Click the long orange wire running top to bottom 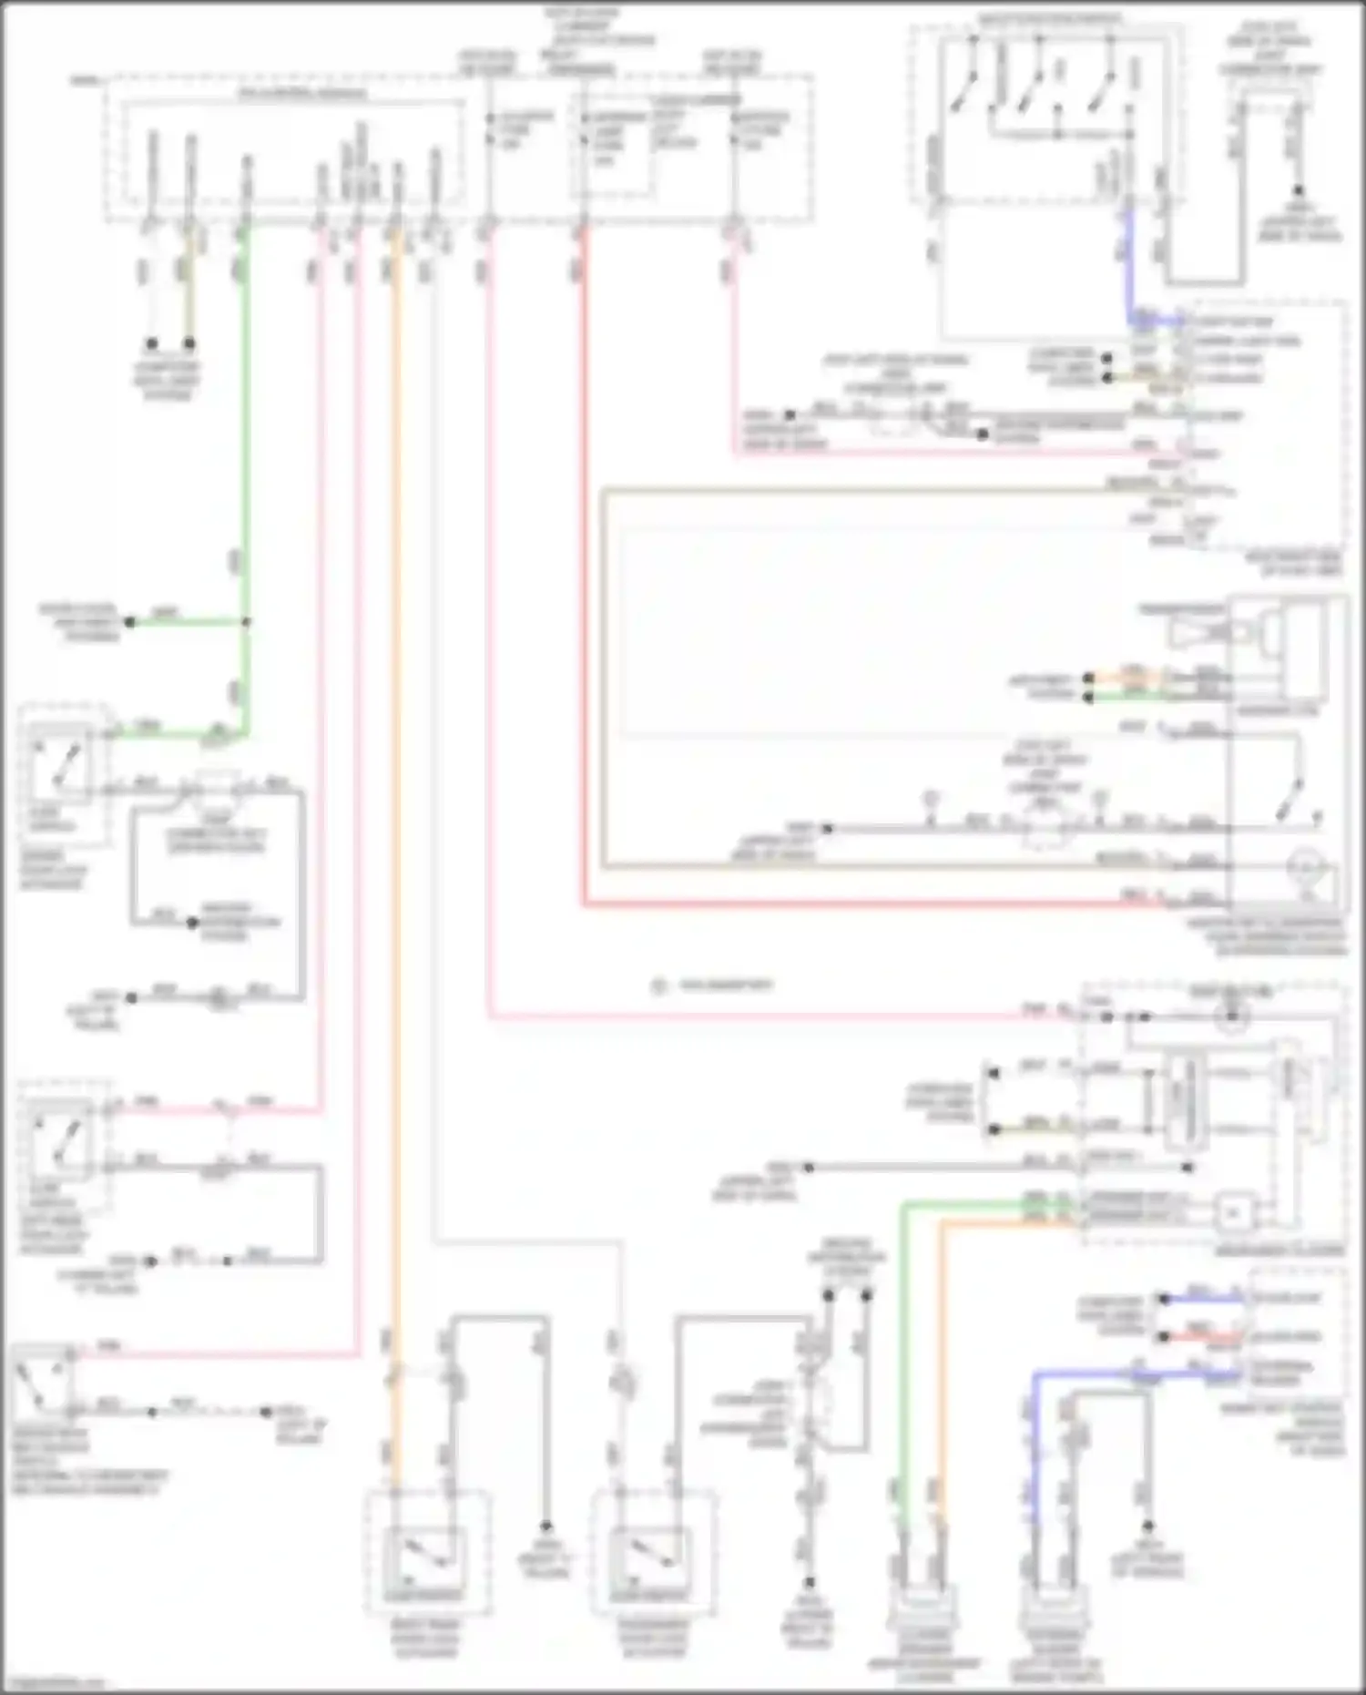(395, 820)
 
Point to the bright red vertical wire (584, 565)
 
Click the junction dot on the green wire (246, 622)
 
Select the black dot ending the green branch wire (130, 622)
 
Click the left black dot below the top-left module (152, 343)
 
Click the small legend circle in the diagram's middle (659, 985)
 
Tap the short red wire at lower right (1202, 1337)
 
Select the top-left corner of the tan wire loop (602, 492)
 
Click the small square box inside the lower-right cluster (1234, 1212)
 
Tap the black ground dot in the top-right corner (1299, 191)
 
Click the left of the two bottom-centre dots (829, 1293)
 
